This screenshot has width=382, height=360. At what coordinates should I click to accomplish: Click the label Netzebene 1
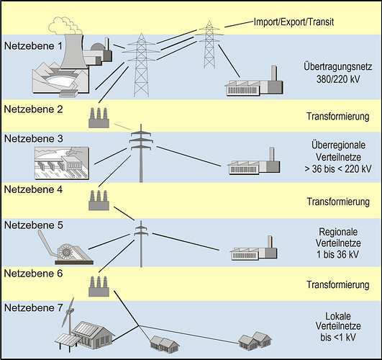point(33,46)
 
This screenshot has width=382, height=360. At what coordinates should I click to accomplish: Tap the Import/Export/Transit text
point(294,22)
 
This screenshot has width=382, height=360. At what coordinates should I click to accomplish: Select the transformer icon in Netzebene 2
point(99,118)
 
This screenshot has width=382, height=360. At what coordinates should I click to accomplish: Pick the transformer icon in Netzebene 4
point(99,200)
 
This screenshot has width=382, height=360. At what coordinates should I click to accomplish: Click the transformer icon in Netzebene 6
point(99,286)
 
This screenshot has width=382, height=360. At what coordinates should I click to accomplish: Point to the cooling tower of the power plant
point(73,52)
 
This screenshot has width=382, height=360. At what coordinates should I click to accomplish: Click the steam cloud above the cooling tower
point(65,26)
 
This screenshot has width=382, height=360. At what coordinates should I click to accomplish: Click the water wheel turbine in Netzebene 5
point(65,251)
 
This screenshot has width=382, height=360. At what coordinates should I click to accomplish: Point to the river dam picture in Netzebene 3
point(62,163)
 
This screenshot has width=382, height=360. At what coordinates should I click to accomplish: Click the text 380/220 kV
point(338,79)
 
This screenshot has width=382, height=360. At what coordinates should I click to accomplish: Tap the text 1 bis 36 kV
point(337,254)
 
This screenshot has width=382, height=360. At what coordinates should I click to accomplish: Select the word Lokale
point(338,316)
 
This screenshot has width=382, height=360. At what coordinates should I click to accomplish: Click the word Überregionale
point(338,145)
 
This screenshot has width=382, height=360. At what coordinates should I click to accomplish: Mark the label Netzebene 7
point(34,308)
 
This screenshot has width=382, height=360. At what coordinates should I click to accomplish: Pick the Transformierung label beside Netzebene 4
point(338,202)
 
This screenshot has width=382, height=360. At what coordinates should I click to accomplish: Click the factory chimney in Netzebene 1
point(274,73)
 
